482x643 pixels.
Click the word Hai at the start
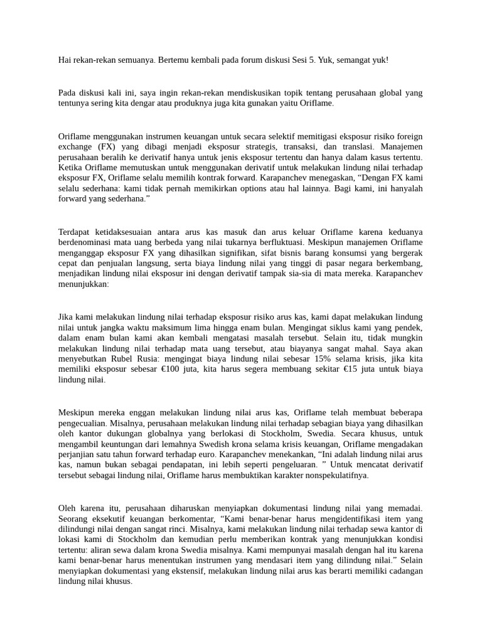point(65,60)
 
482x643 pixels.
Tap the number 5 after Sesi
point(313,60)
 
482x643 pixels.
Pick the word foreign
point(408,136)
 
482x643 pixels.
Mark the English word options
point(279,189)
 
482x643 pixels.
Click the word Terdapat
point(75,232)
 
